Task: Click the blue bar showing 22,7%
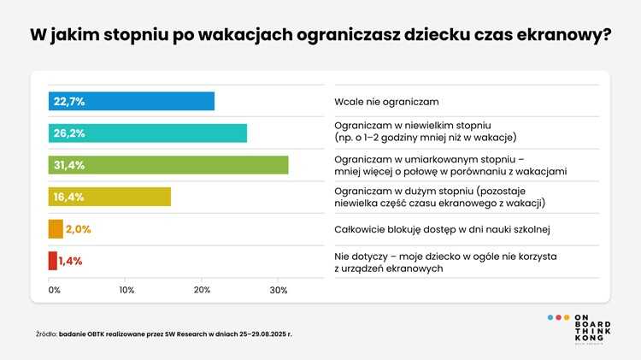[x=132, y=101]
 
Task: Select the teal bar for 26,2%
[x=147, y=133]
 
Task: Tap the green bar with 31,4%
[x=168, y=165]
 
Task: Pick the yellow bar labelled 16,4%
[x=109, y=197]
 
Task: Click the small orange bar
[x=56, y=229]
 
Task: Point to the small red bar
[x=53, y=261]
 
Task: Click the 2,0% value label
[x=78, y=229]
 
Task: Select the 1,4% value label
[x=71, y=261]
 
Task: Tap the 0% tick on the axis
[x=54, y=291]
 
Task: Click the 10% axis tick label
[x=126, y=291]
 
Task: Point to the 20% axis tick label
[x=203, y=291]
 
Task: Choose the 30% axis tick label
[x=279, y=291]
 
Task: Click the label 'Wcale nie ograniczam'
[x=385, y=101]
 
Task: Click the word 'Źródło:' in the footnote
[x=46, y=333]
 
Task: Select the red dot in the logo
[x=558, y=317]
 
